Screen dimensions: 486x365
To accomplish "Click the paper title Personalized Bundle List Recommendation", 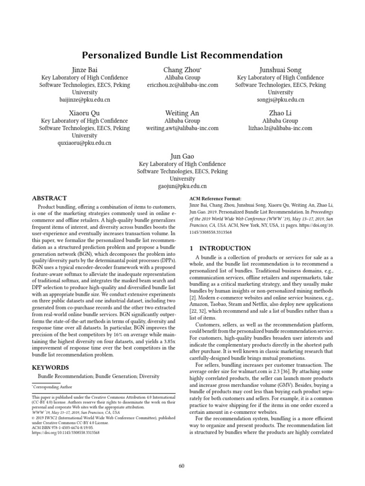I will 182,55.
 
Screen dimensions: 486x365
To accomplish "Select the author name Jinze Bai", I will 84,70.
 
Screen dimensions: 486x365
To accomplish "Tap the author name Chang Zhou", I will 182,70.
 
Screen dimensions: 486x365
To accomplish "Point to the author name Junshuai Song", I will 280,70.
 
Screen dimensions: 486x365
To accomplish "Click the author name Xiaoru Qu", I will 84,113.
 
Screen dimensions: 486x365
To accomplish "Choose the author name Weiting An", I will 182,113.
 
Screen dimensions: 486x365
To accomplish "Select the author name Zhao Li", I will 280,113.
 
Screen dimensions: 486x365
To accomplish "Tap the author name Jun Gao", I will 182,156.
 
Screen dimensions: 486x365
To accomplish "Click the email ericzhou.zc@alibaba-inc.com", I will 182,85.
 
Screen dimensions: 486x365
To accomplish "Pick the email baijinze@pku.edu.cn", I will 84,100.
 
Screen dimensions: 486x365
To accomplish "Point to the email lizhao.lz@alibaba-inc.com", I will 280,128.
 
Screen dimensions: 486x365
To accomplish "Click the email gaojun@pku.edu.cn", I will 182,187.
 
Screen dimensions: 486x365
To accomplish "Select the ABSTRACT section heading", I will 49,198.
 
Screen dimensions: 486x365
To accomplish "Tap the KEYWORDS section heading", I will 50,367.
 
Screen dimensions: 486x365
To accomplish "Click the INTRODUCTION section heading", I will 220,248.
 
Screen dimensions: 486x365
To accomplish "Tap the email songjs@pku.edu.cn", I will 280,100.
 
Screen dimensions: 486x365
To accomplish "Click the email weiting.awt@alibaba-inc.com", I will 182,128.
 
